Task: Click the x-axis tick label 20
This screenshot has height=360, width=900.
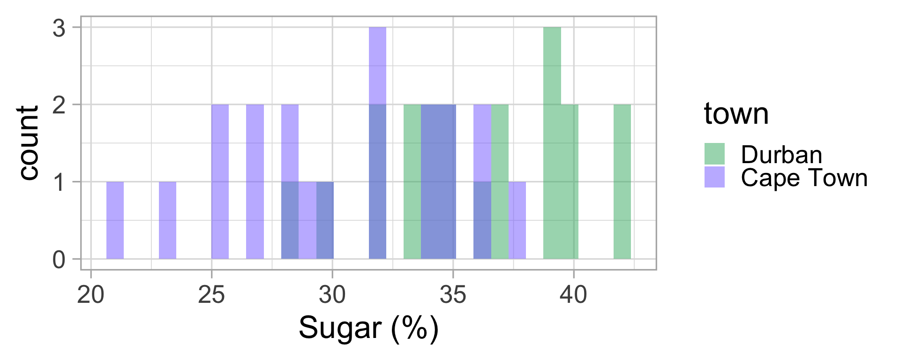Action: pos(90,295)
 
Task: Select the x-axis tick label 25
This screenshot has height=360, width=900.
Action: pos(211,295)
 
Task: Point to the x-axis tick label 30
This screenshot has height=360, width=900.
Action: pos(332,295)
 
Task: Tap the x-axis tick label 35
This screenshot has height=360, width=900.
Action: pos(453,295)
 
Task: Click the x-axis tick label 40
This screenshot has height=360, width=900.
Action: pos(574,295)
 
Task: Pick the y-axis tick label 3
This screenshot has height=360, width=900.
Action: pos(59,28)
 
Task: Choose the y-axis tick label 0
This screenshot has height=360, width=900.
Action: pos(59,260)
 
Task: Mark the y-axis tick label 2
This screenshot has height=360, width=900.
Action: pos(59,105)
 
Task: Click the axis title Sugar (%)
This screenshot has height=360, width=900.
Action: pos(368,328)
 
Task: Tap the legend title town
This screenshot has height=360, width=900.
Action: pos(736,114)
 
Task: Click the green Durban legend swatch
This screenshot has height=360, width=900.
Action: pos(714,154)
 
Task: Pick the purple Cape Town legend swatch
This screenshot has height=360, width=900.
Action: pos(714,177)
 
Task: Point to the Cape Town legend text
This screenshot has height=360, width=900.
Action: pos(804,178)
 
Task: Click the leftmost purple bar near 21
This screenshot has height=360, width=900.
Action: pos(115,220)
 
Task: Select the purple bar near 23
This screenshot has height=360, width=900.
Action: pos(167,220)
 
